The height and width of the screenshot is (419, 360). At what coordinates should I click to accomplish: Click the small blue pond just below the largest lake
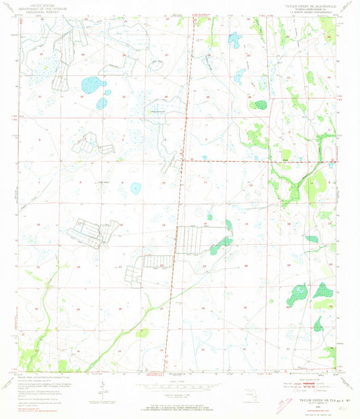coord(101,103)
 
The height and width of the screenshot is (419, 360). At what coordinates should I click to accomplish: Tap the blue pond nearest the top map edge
coord(234,39)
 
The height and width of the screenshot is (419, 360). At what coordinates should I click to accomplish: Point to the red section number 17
coord(78,223)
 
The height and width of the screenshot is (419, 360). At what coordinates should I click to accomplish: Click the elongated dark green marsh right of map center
coord(221,244)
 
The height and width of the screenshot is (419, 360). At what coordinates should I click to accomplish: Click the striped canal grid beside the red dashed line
coord(191,240)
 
